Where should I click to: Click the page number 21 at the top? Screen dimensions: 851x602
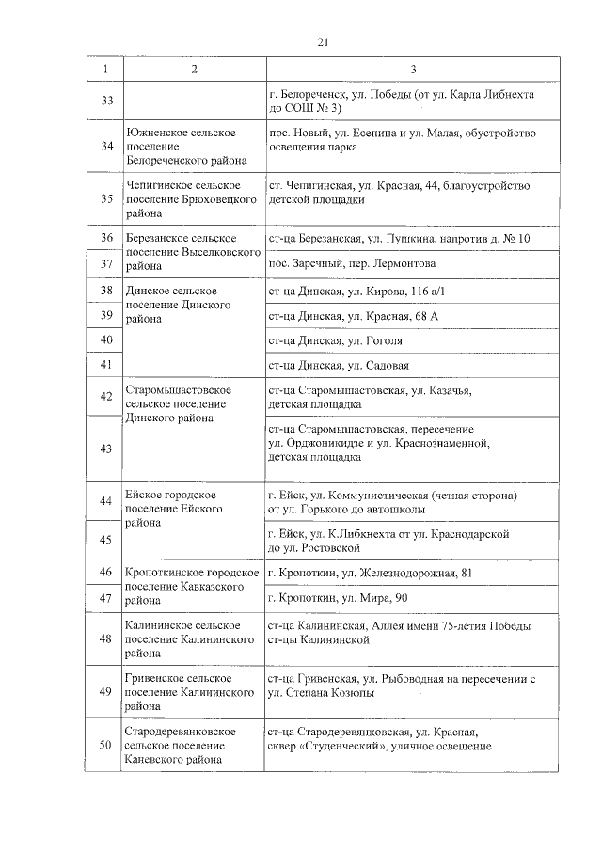click(x=323, y=42)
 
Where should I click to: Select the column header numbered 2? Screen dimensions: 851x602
click(x=193, y=70)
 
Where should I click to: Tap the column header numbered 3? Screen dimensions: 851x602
click(x=413, y=70)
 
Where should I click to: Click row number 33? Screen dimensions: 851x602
click(x=106, y=101)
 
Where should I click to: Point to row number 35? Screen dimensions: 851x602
click(x=106, y=199)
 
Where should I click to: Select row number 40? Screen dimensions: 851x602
click(x=106, y=339)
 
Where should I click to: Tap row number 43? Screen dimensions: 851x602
click(x=106, y=448)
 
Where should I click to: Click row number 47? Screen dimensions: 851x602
click(x=106, y=597)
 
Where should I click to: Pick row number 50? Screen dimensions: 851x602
click(x=106, y=747)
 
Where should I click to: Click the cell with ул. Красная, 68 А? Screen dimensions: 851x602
click(x=353, y=315)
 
